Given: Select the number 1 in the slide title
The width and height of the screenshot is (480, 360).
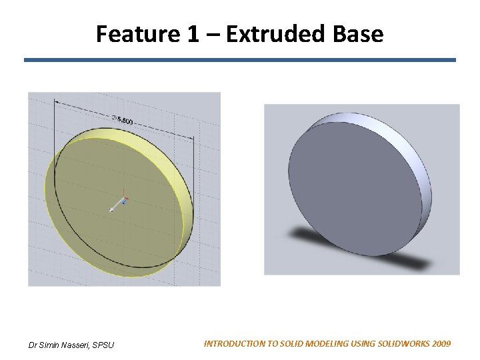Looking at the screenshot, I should point(192,33).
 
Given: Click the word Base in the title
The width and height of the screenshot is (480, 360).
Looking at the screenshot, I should point(364,33).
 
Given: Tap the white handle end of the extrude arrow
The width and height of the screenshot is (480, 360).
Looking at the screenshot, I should point(112,210).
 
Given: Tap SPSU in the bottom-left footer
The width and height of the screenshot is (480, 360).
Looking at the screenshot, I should point(104,345).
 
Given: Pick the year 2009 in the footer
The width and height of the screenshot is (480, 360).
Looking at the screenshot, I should point(441,344).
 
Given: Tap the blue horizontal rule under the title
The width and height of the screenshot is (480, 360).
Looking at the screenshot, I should point(240,60).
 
